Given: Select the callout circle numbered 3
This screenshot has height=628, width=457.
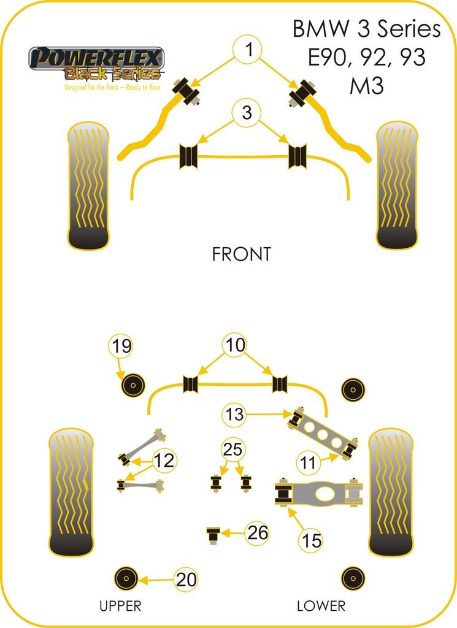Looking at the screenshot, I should pyautogui.click(x=247, y=113).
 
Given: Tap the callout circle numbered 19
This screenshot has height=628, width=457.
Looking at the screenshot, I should pyautogui.click(x=122, y=347).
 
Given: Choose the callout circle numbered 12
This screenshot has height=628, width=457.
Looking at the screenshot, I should pyautogui.click(x=164, y=459).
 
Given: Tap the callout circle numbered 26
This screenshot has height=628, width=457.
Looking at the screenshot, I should pyautogui.click(x=258, y=533).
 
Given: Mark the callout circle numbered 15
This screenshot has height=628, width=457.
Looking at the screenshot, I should pyautogui.click(x=311, y=540).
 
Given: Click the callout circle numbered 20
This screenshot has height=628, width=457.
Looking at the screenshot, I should pyautogui.click(x=187, y=578).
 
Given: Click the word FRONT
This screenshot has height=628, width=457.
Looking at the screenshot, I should pyautogui.click(x=241, y=255).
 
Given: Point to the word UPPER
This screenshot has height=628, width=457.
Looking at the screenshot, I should pyautogui.click(x=120, y=606).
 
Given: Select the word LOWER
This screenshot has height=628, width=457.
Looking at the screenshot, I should pyautogui.click(x=321, y=606).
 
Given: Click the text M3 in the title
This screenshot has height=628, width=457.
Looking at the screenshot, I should pyautogui.click(x=367, y=86).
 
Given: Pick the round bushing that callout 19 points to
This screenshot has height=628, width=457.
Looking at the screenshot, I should pyautogui.click(x=131, y=386).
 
